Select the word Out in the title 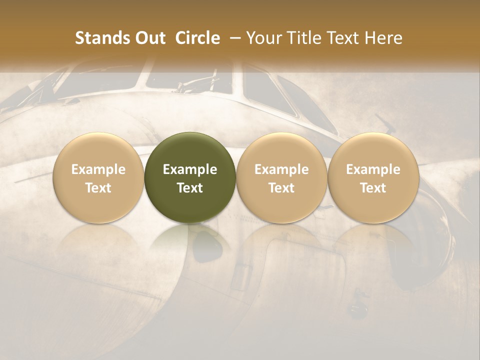149,38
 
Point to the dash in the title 233,38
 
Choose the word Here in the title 383,38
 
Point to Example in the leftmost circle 98,169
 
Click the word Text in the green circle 190,188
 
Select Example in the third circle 281,169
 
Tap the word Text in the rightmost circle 373,188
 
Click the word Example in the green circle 190,169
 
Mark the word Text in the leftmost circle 98,188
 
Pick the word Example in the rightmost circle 373,169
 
